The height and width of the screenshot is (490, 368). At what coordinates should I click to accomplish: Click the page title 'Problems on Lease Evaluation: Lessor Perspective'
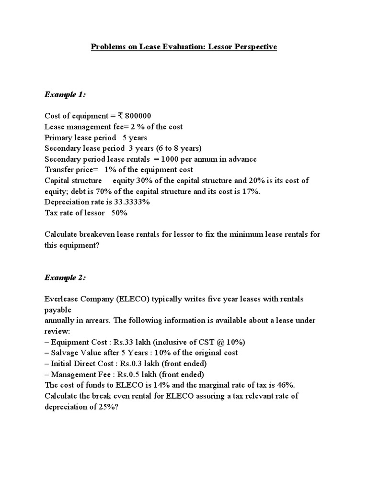(184, 47)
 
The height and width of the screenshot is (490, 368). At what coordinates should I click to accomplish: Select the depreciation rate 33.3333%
(131, 202)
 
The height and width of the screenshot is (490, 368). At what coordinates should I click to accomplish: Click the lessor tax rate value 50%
(119, 213)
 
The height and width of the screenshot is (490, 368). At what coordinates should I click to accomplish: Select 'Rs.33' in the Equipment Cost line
(122, 342)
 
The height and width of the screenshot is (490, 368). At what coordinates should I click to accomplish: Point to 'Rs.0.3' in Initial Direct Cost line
(133, 363)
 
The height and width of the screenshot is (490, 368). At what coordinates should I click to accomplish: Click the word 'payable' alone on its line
(57, 309)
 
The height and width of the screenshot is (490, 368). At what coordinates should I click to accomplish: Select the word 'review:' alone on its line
(57, 331)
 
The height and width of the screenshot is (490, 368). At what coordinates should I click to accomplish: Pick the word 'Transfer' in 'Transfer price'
(59, 170)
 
